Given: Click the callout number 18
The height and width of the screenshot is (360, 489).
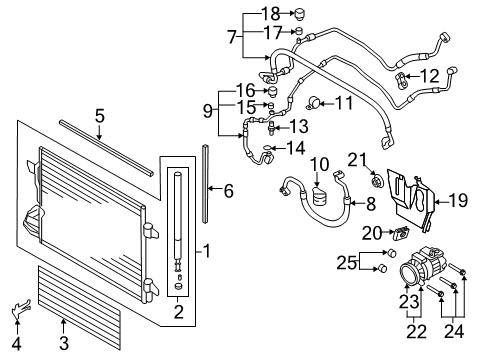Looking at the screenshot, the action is tap(270, 14).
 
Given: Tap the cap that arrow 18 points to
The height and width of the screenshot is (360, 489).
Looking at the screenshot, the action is tap(299, 15).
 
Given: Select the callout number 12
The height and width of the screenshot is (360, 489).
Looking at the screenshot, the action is tap(430, 76).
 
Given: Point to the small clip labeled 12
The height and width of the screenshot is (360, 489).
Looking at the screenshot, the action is tap(401, 80).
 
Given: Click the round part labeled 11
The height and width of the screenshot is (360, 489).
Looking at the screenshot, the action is tap(314, 102).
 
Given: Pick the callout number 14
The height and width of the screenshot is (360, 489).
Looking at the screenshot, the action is tap(296, 148).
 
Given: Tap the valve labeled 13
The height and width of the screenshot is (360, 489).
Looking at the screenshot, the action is tap(272, 128).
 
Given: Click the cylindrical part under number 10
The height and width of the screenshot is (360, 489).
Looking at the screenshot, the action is tap(320, 196).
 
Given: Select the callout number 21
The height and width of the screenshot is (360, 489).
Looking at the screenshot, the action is tap(357, 160).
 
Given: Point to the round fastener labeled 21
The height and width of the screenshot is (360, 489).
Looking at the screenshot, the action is tap(377, 182).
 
